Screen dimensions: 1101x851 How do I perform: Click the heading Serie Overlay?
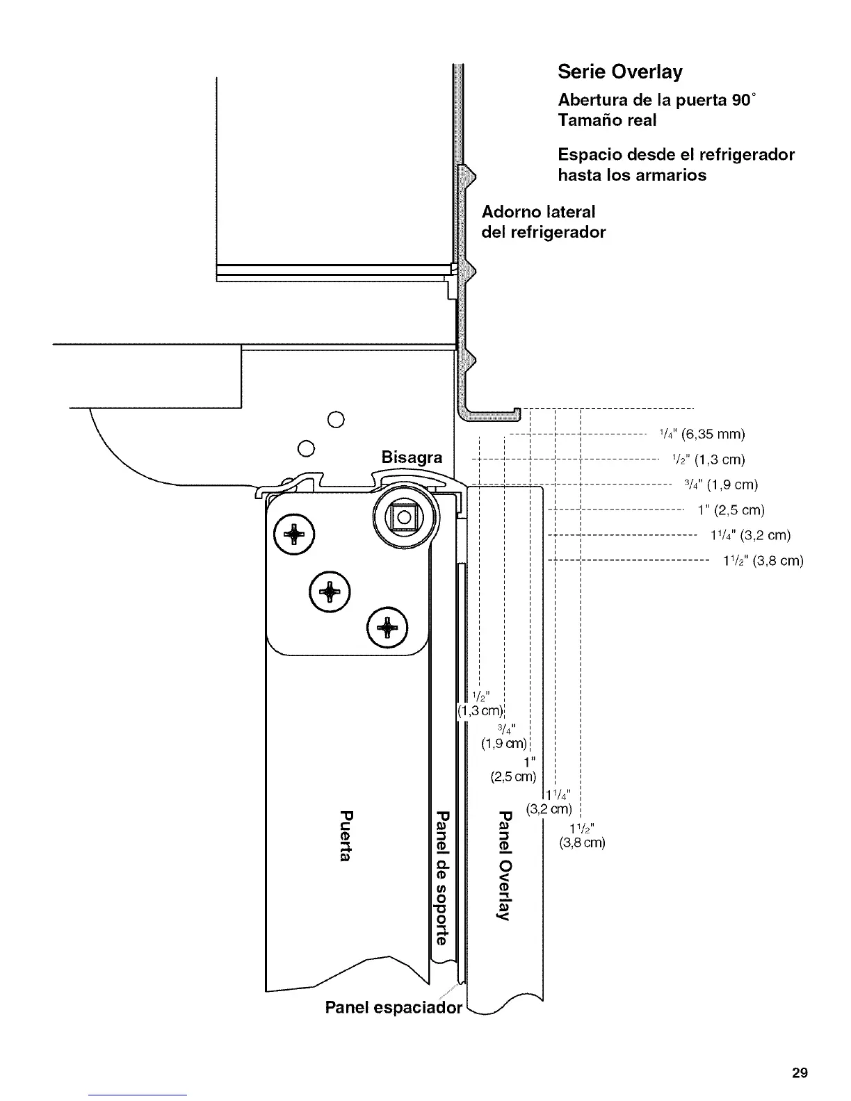(x=620, y=72)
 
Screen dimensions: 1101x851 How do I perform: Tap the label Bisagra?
(x=412, y=457)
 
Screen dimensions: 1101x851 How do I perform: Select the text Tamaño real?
(x=607, y=120)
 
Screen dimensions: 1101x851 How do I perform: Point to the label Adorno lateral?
(x=539, y=211)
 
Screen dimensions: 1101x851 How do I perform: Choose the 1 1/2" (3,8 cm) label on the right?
(x=763, y=560)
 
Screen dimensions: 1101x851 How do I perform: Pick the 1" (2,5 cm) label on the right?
(x=731, y=510)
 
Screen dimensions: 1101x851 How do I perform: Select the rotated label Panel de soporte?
(x=441, y=877)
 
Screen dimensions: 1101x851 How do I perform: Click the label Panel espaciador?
(x=394, y=1008)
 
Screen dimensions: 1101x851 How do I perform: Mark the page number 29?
(x=800, y=1073)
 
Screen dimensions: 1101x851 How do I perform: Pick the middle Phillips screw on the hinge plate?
(x=330, y=591)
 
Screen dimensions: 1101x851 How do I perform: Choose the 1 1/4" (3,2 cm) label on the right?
(x=749, y=535)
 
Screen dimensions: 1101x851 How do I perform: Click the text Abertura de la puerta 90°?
(x=656, y=99)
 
